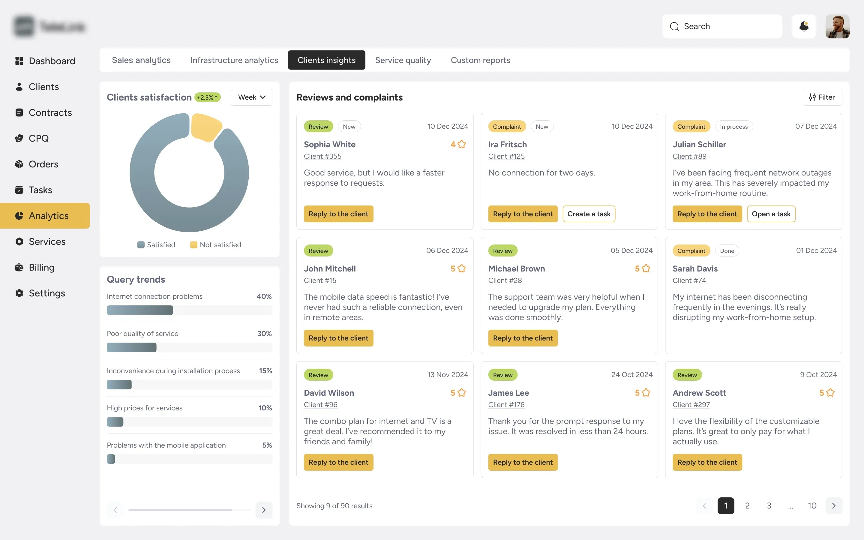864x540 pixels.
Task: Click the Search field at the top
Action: pyautogui.click(x=722, y=26)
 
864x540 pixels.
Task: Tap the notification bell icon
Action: pyautogui.click(x=804, y=26)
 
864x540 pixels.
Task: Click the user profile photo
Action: pyautogui.click(x=837, y=26)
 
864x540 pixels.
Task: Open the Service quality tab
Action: pyautogui.click(x=403, y=60)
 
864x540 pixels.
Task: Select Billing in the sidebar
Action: pyautogui.click(x=41, y=267)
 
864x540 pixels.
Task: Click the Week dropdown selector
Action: pyautogui.click(x=251, y=97)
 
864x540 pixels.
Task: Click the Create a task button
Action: pyautogui.click(x=589, y=214)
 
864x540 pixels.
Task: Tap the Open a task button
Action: pyautogui.click(x=771, y=214)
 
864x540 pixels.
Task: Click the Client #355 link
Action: pyautogui.click(x=322, y=156)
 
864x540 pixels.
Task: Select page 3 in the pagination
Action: pyautogui.click(x=769, y=506)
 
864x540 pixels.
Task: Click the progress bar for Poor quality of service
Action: pyautogui.click(x=189, y=347)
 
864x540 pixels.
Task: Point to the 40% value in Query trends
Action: pyautogui.click(x=264, y=296)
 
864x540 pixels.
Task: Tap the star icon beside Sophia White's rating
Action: pyautogui.click(x=462, y=144)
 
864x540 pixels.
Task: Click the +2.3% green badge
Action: pyautogui.click(x=207, y=97)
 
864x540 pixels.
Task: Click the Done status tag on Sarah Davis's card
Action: pyautogui.click(x=727, y=251)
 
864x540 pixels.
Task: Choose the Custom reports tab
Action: pyautogui.click(x=480, y=60)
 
